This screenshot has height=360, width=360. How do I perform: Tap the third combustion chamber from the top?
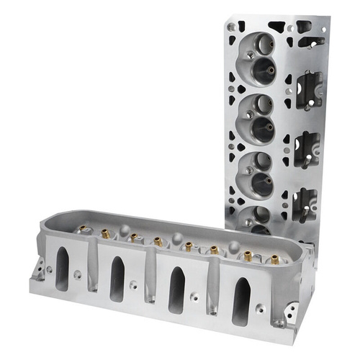258,174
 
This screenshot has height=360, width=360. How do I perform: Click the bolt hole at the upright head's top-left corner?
231,27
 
